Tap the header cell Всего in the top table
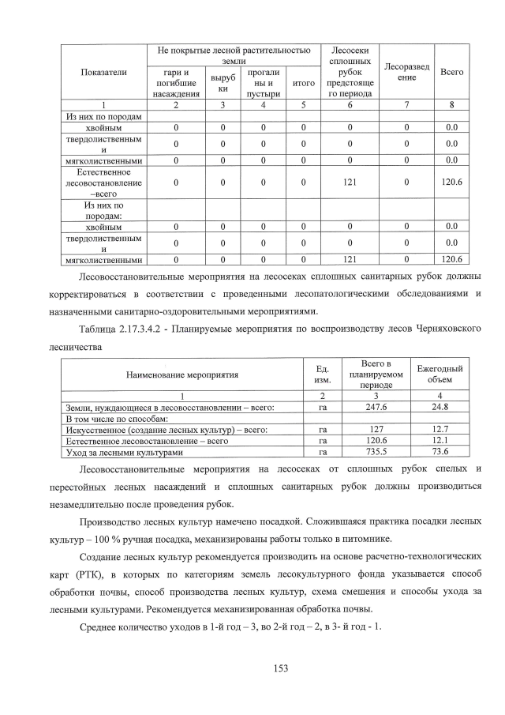451,72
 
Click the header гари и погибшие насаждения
177,83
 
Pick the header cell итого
304,83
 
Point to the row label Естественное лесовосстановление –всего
103,183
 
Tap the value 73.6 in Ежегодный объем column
440,452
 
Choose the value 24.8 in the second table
440,406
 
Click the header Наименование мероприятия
181,374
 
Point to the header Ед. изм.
322,374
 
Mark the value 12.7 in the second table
440,429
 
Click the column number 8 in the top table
451,105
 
